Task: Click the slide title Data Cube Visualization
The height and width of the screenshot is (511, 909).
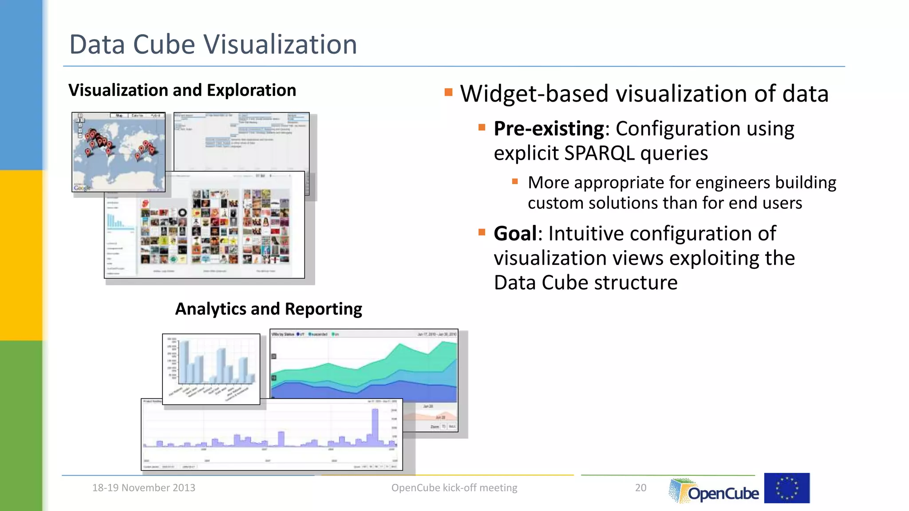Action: (x=213, y=44)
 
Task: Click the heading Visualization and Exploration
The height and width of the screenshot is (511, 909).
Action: (x=182, y=90)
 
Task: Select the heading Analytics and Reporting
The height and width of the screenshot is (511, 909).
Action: (x=269, y=309)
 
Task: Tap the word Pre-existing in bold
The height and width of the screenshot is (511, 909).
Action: (x=549, y=129)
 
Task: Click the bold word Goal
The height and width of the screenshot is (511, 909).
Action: (x=515, y=233)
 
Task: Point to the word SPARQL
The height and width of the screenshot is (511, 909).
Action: (x=599, y=153)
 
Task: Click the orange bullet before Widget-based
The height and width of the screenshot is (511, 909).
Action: (x=448, y=92)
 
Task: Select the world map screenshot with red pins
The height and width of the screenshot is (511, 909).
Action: (x=119, y=152)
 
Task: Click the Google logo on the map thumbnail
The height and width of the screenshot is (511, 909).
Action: (x=82, y=188)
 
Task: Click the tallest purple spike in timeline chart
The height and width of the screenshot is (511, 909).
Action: (x=375, y=426)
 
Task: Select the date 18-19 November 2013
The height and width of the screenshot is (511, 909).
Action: (x=143, y=487)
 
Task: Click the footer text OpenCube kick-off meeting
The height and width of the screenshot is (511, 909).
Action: (x=454, y=487)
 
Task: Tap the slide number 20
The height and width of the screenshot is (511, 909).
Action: (x=640, y=487)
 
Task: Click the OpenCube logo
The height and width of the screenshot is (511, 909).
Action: (x=715, y=491)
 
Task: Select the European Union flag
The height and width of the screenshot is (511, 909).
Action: (x=786, y=488)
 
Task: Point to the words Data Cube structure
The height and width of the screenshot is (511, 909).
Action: (x=586, y=283)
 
